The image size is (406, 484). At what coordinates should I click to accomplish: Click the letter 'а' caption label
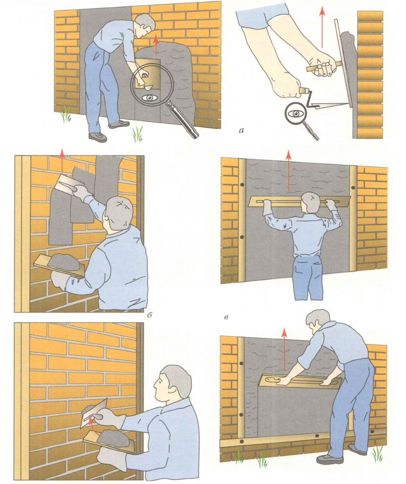[x=241, y=131]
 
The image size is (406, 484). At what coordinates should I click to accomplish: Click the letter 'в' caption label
[x=227, y=317]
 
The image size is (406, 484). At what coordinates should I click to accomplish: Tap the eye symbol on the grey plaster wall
[x=150, y=98]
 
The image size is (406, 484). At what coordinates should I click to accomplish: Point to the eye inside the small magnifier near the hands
[x=295, y=113]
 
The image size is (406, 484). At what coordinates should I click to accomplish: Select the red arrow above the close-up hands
[x=322, y=28]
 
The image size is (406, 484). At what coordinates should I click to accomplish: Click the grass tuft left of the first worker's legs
[x=66, y=114]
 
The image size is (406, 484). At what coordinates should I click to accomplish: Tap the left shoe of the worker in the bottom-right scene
[x=330, y=460]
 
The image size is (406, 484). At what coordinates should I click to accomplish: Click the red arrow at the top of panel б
[x=62, y=160]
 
